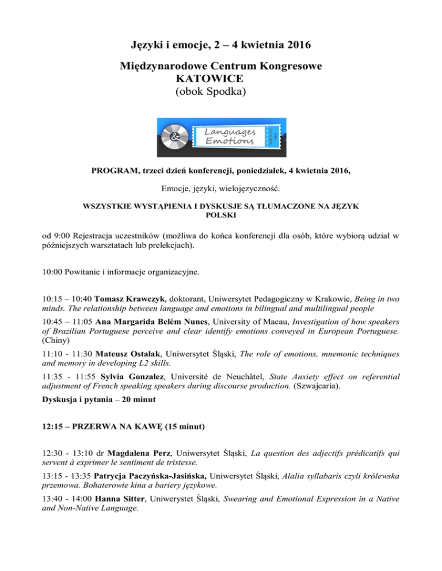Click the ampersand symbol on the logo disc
coord(175,138)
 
